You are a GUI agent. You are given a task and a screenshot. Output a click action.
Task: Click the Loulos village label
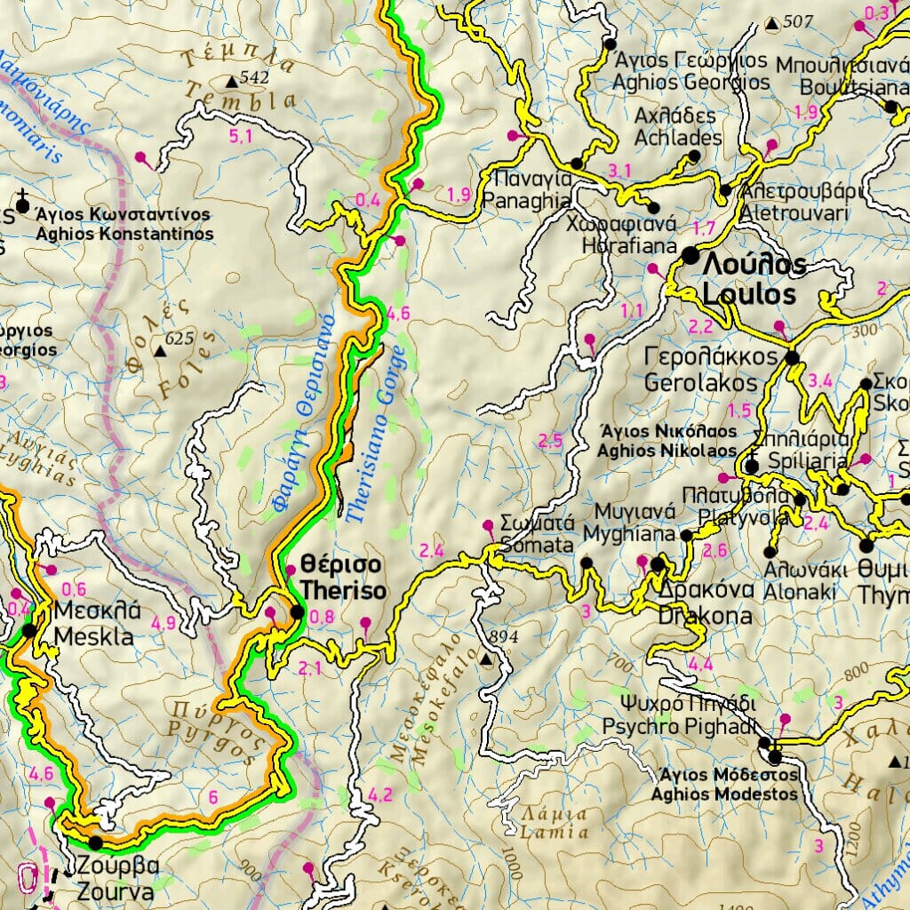click(x=754, y=279)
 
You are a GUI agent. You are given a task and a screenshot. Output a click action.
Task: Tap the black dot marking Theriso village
click(x=297, y=612)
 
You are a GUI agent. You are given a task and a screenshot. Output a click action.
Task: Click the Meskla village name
click(x=93, y=625)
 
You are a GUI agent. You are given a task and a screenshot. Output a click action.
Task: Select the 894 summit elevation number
click(x=504, y=637)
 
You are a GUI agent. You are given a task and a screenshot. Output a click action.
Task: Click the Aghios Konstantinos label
click(x=124, y=225)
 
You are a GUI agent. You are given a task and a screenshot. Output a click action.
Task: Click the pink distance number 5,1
click(x=240, y=136)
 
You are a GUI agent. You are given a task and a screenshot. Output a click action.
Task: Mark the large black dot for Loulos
click(x=690, y=256)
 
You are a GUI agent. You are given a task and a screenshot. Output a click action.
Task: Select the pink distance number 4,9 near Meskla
click(x=164, y=623)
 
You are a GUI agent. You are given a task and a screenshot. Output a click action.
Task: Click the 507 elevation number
click(x=799, y=21)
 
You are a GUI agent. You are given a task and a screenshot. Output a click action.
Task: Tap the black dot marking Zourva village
click(x=94, y=842)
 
